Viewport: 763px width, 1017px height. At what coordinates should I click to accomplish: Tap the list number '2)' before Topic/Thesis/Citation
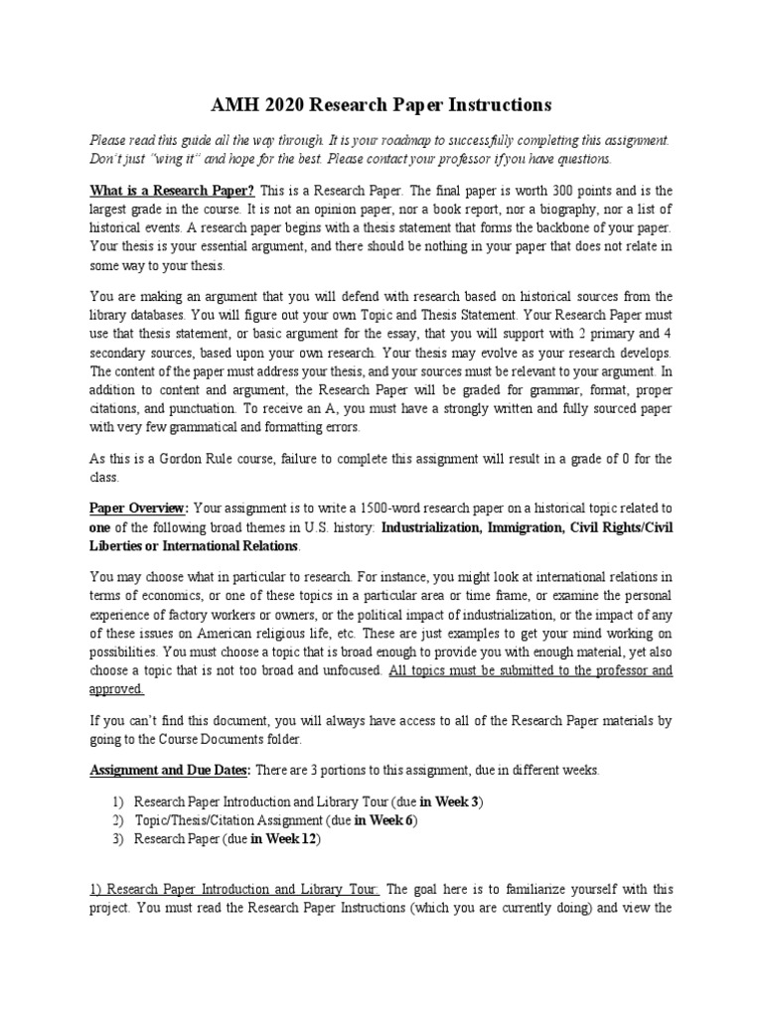[118, 819]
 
